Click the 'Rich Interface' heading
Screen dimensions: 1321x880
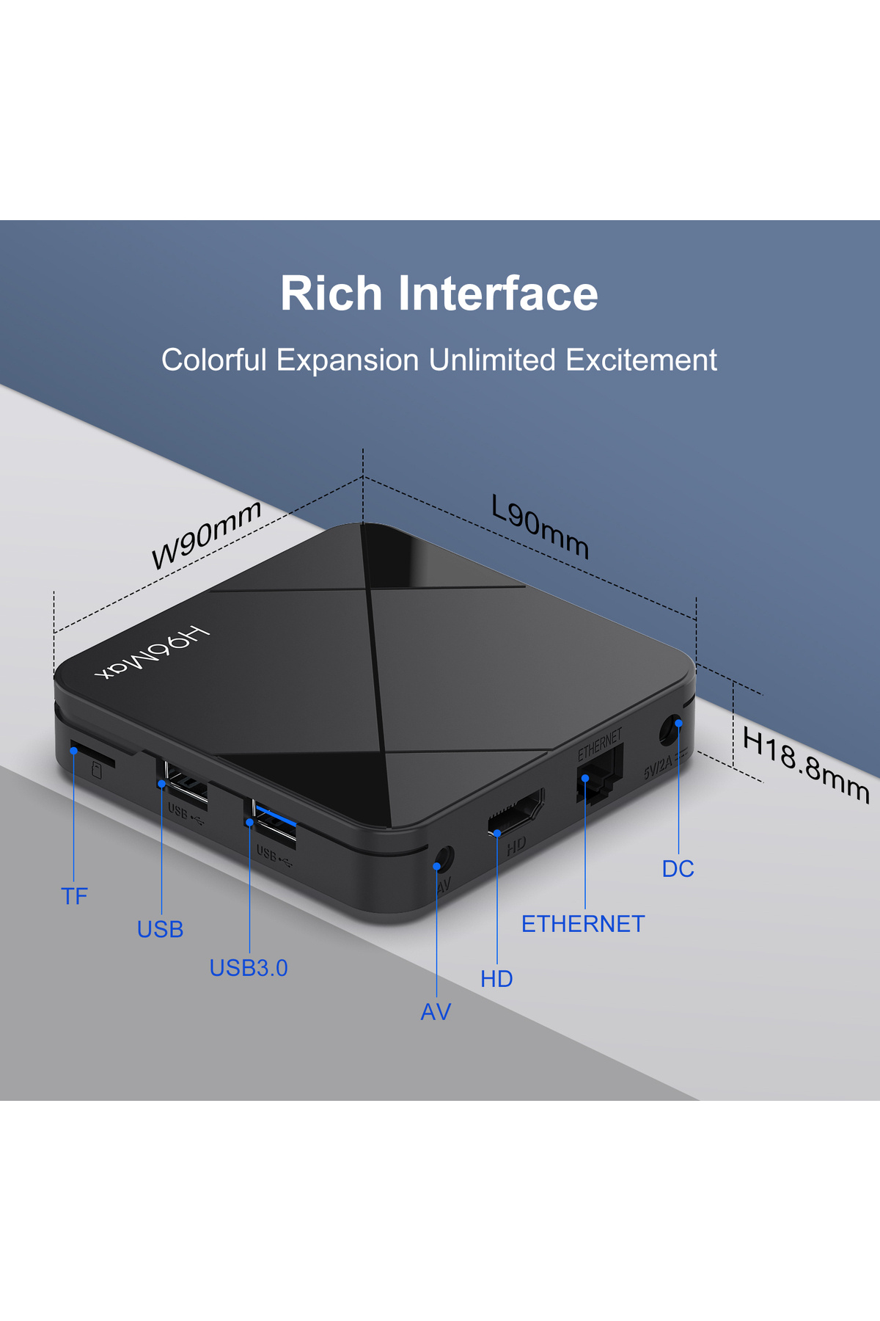click(439, 294)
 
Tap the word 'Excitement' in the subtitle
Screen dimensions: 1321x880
click(641, 360)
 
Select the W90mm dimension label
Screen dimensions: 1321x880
click(206, 534)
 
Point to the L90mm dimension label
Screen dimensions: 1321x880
click(540, 526)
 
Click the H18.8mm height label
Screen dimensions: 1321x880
click(805, 765)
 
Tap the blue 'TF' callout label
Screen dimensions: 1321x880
click(74, 896)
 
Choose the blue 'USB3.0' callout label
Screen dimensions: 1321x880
click(249, 968)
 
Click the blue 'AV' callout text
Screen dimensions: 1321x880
click(436, 1012)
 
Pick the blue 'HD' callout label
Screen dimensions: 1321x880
click(496, 979)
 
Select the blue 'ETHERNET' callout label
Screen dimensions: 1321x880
click(583, 924)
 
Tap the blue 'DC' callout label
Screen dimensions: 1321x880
click(678, 869)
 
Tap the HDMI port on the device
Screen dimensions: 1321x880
click(516, 812)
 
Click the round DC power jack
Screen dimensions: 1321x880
click(669, 730)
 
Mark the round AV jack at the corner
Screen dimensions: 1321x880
click(444, 858)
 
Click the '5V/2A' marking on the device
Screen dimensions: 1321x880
click(658, 768)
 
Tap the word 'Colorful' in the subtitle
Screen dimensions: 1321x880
click(213, 360)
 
